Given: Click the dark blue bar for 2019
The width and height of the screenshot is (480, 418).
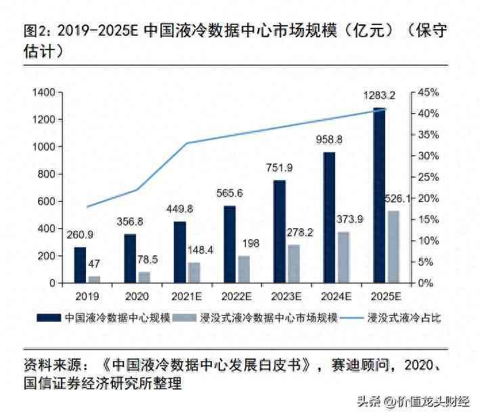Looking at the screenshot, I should tap(80, 265).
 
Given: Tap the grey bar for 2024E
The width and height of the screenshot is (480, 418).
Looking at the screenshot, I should tap(343, 257).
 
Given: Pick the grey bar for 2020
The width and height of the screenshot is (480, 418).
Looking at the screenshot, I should tap(144, 277).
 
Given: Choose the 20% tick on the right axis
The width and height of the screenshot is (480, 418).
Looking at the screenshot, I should tap(430, 198).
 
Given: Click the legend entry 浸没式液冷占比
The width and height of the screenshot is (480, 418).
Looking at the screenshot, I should tap(404, 317).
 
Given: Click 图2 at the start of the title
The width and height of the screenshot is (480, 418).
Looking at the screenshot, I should tap(36, 32).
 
